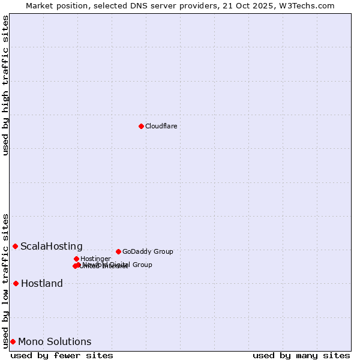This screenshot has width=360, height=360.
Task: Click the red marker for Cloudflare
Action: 141,126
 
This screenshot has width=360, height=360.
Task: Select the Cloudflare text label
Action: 161,126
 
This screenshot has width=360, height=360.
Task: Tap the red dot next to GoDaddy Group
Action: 118,251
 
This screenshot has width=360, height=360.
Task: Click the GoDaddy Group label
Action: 148,251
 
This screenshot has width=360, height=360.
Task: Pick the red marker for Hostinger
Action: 76,259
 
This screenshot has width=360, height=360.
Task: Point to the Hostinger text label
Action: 95,259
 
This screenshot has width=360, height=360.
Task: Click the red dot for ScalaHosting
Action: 15,246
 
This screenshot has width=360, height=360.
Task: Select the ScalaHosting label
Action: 52,246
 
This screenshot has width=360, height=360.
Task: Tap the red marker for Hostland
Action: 16,283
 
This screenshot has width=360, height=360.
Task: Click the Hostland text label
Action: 42,283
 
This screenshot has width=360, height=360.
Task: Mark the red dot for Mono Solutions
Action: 13,341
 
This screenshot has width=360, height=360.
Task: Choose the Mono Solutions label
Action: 55,341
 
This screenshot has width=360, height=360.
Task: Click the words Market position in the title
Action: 53,5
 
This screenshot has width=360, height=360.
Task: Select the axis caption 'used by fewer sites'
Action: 62,355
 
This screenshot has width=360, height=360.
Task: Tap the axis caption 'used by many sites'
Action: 301,355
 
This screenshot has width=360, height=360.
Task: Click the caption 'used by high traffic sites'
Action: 5,85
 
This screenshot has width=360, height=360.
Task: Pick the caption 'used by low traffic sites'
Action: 5,281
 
